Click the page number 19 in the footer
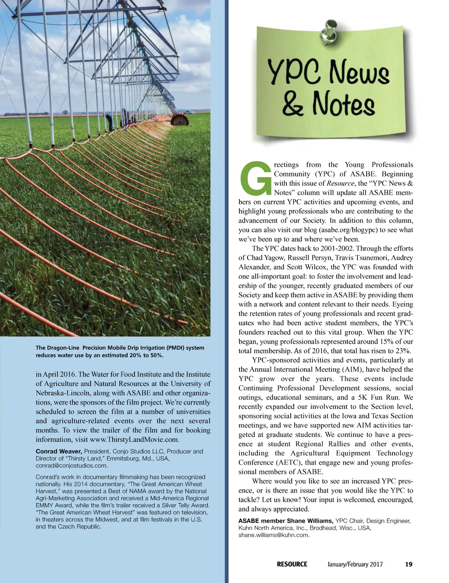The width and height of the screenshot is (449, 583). tap(408, 564)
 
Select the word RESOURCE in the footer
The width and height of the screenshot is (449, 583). tap(292, 564)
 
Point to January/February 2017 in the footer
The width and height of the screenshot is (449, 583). tap(355, 564)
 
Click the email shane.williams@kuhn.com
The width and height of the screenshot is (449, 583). tap(274, 535)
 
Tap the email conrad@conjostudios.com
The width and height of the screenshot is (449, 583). tap(71, 466)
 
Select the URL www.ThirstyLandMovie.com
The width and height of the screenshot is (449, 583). tap(134, 440)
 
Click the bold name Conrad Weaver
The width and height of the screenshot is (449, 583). tap(59, 451)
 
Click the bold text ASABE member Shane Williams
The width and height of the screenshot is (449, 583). tap(286, 521)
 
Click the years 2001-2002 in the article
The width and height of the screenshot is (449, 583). tap(337, 248)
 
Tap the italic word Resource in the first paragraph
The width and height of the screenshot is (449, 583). tap(340, 183)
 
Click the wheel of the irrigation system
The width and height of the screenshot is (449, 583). tap(179, 119)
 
